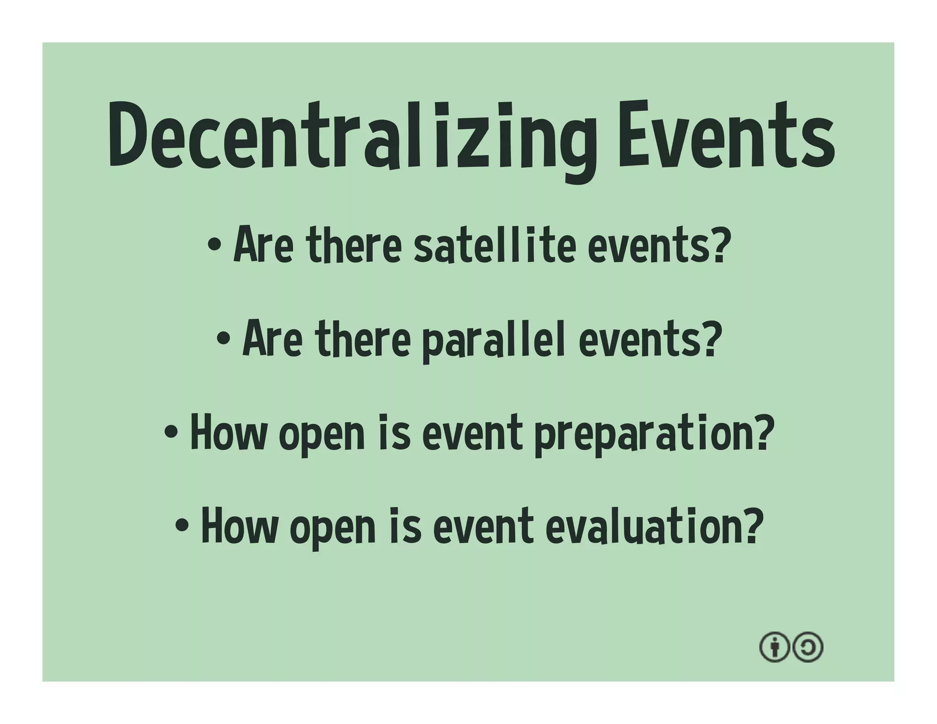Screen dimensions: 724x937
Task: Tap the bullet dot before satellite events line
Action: tap(214, 245)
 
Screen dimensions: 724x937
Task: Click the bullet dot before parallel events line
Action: tap(223, 339)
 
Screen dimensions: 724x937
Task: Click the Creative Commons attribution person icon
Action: tap(774, 647)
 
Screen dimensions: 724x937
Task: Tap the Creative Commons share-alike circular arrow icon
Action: tap(808, 647)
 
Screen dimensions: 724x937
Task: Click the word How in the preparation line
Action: tap(229, 432)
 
